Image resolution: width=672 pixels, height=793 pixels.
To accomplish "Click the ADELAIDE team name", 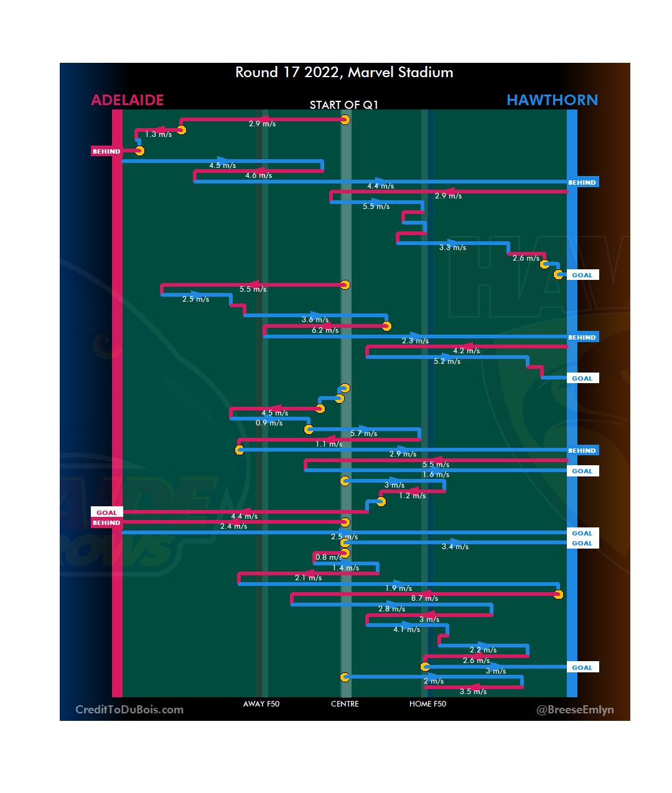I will (x=128, y=100).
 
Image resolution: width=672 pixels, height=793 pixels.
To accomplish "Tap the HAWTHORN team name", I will (x=552, y=100).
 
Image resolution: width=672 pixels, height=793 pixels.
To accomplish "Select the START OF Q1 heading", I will (x=344, y=104).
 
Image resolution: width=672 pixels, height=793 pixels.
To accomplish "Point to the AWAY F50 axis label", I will (x=261, y=704).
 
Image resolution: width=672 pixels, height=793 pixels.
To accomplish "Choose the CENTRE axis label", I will (x=345, y=704).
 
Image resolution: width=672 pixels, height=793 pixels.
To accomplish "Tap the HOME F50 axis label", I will (x=427, y=704).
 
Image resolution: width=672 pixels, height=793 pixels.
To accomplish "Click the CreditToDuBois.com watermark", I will (x=129, y=710).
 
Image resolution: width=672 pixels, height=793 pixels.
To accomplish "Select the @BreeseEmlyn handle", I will (x=575, y=710).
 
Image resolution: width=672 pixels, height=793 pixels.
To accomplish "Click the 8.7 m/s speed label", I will (x=424, y=598).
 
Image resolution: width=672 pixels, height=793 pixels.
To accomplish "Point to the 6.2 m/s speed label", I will (x=325, y=330).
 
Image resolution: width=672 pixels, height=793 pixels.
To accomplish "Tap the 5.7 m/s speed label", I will (x=363, y=434).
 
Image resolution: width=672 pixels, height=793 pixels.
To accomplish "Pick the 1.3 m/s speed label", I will (x=159, y=134).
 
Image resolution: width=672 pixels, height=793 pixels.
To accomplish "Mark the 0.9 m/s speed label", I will (x=269, y=423).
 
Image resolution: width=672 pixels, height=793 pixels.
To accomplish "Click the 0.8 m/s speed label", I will (x=329, y=557).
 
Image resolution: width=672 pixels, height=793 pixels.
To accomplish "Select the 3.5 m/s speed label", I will (x=473, y=692).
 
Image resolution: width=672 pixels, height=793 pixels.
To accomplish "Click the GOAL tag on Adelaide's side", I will (x=106, y=512).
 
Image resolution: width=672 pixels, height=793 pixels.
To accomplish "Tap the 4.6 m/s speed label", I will (x=258, y=175).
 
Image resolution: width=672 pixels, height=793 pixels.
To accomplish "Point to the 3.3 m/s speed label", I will (x=452, y=248).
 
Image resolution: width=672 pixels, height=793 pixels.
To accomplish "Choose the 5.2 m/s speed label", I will (x=447, y=361).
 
